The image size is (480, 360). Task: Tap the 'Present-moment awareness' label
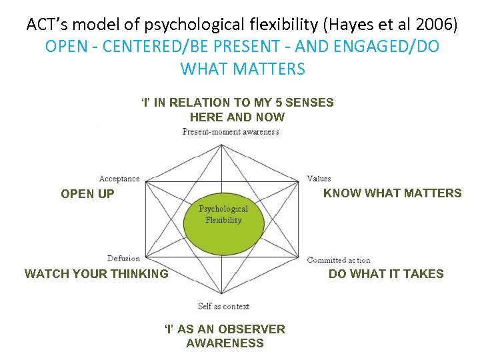pos(231,132)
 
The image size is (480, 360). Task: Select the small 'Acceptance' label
pos(119,179)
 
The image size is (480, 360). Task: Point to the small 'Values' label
pos(319,179)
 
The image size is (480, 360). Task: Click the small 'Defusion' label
pos(124,259)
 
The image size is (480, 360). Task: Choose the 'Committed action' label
pos(339,260)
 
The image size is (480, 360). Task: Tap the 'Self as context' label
pos(223,307)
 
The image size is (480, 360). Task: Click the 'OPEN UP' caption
pos(87,195)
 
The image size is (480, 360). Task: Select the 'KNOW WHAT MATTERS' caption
pos(392,193)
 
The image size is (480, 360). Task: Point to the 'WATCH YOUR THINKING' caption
pos(97,273)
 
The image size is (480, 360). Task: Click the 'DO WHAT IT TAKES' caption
pos(386,273)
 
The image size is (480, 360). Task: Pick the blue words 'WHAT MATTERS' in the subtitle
pos(243,69)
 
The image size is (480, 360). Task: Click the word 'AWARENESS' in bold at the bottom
pos(225,343)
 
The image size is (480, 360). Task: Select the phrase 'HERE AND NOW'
pos(237,117)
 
